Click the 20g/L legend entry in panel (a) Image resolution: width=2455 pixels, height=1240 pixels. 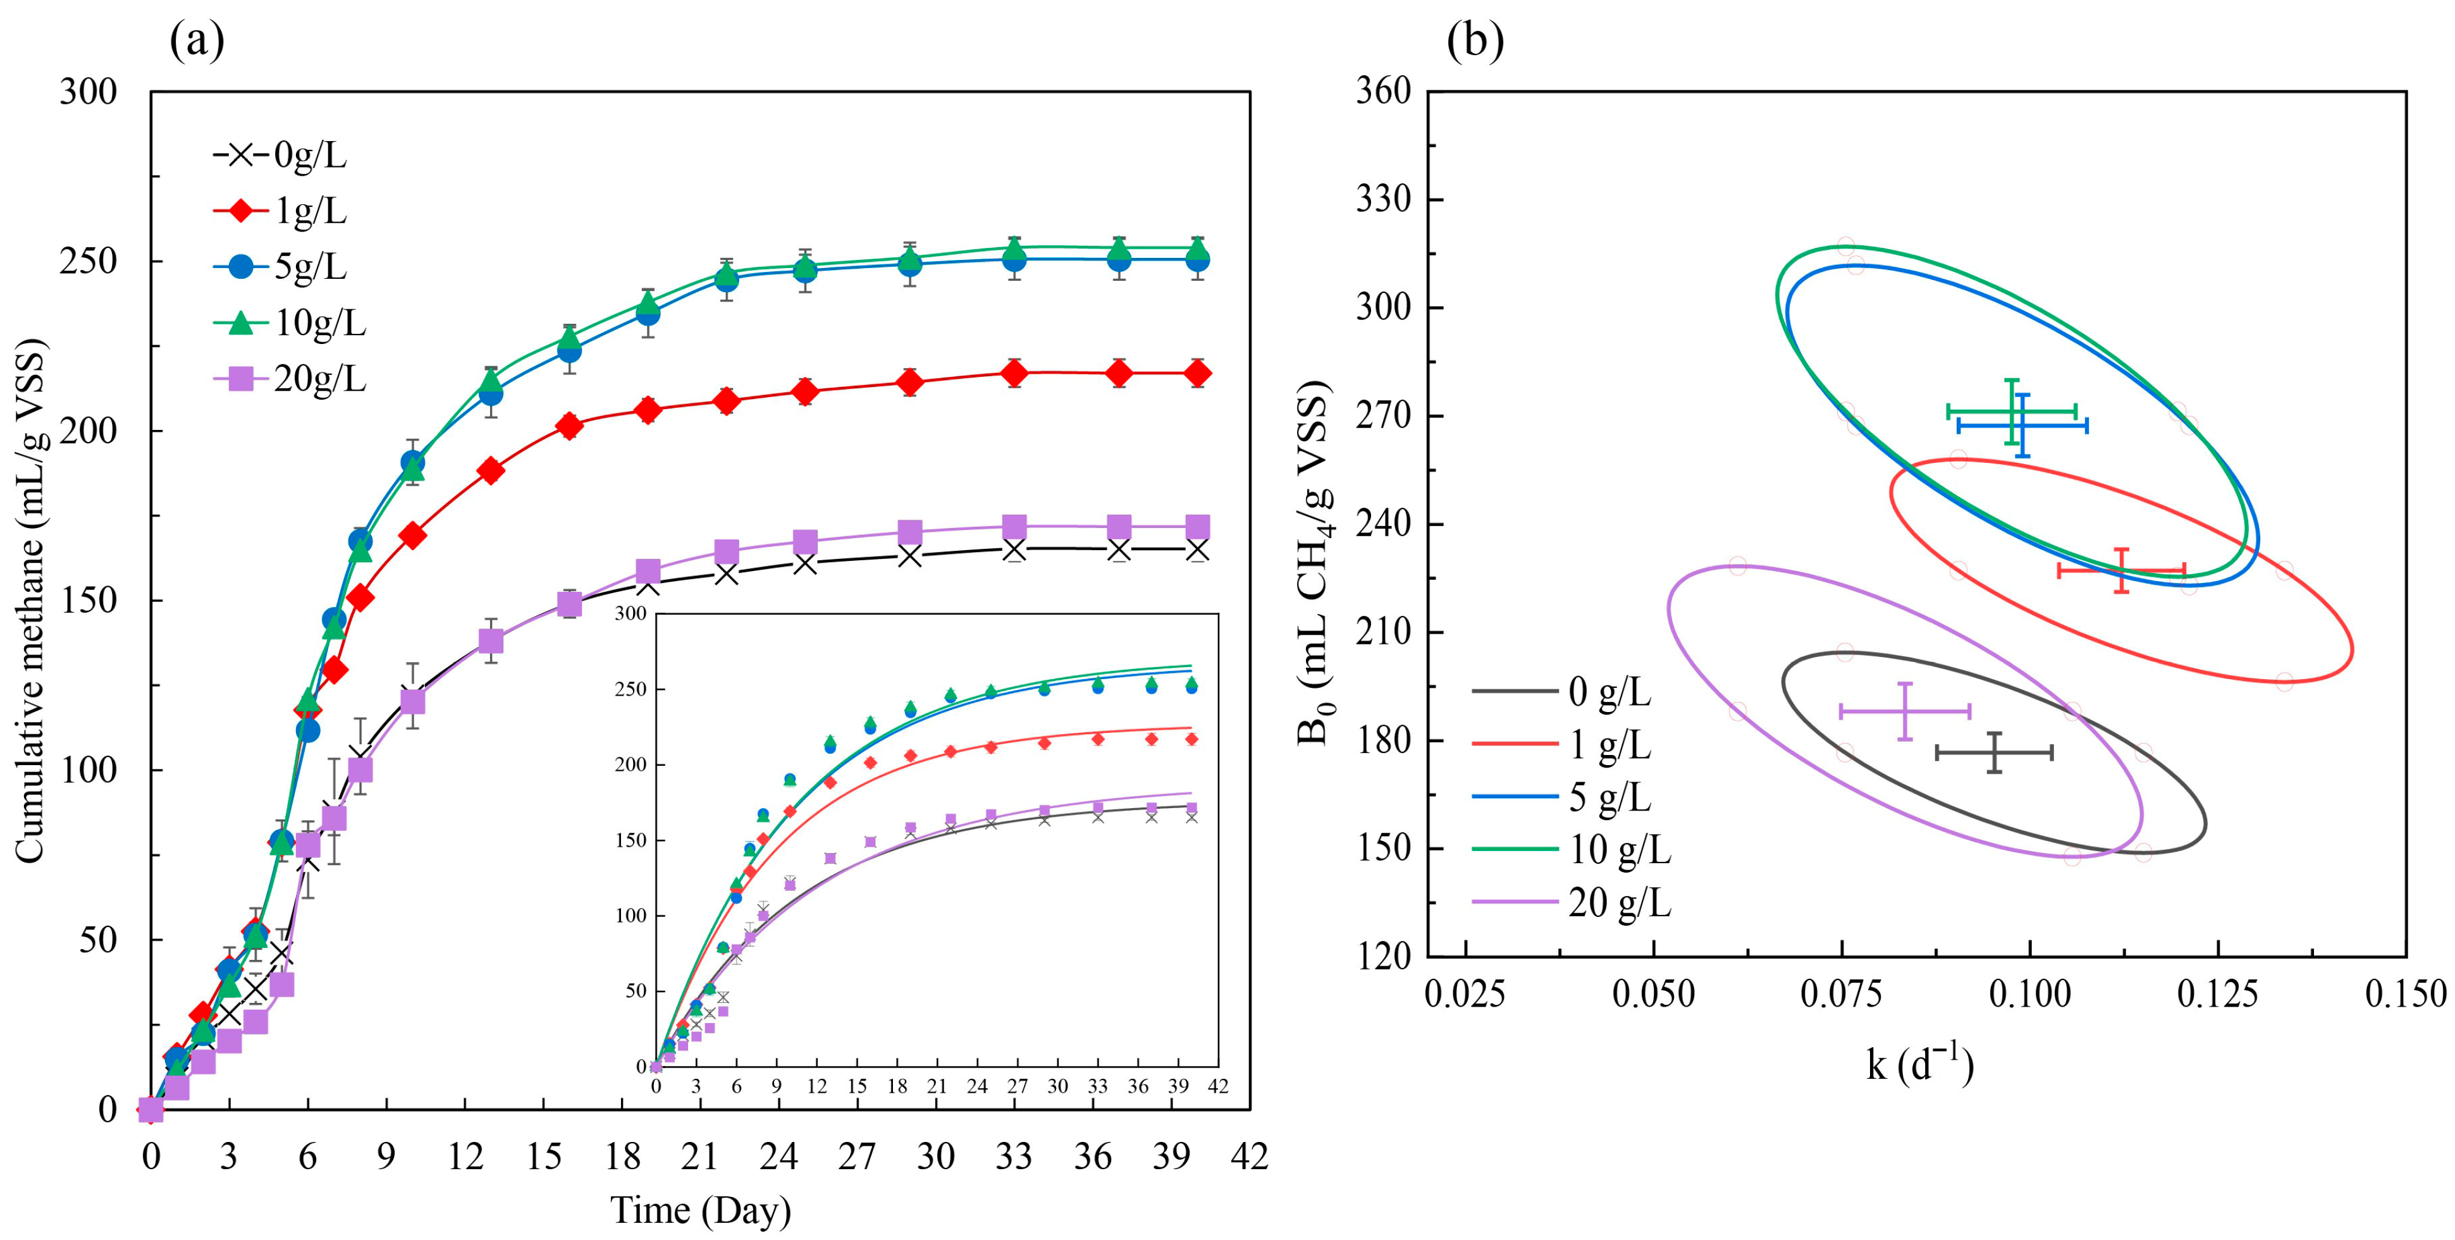pos(290,379)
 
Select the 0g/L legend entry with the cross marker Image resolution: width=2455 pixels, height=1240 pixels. pos(280,154)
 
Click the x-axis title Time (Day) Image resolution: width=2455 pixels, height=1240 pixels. pos(701,1210)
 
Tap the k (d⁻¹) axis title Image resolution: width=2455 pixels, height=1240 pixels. pos(1919,1063)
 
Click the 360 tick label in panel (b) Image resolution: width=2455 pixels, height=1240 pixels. pos(1383,92)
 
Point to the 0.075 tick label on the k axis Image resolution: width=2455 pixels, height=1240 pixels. pos(1842,994)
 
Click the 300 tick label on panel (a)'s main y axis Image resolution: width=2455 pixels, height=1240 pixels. pos(89,92)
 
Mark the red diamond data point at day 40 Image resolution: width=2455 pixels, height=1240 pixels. pos(1197,374)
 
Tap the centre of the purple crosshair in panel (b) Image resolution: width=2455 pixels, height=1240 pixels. pos(1904,711)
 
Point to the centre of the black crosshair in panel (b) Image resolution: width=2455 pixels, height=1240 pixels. pos(1994,753)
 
